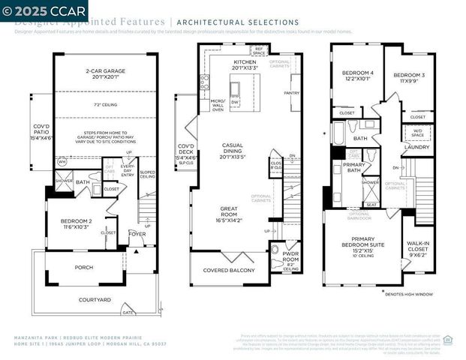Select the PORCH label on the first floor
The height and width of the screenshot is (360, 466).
click(x=83, y=266)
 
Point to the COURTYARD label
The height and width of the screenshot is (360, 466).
click(x=95, y=299)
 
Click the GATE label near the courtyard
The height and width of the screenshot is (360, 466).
click(x=128, y=313)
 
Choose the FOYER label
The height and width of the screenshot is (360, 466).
click(x=137, y=233)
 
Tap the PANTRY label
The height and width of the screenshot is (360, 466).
click(x=292, y=93)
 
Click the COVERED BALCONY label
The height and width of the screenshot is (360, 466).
click(x=227, y=274)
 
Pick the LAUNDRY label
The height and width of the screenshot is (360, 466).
click(x=416, y=147)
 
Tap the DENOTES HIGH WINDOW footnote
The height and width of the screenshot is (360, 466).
click(x=415, y=294)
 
